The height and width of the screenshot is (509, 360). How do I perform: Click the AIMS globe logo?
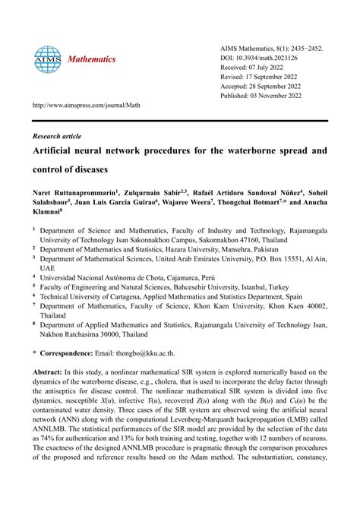(x=46, y=58)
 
